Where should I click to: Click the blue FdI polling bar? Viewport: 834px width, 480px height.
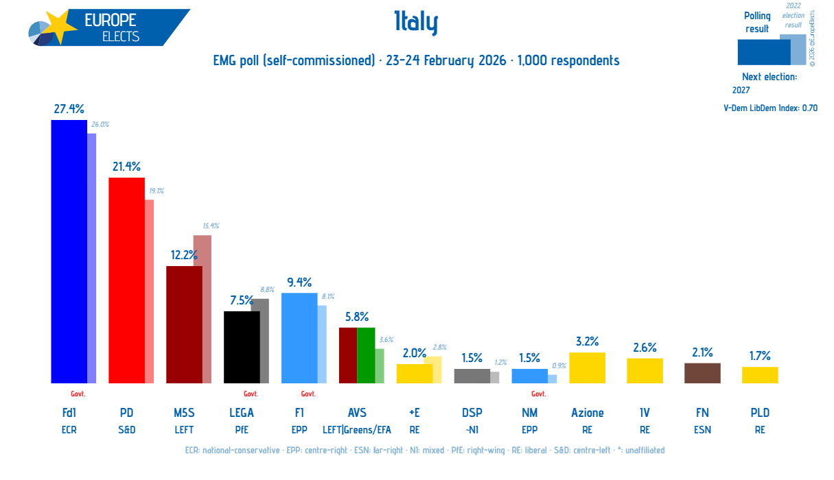click(x=69, y=251)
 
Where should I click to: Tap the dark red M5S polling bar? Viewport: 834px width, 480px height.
click(x=184, y=324)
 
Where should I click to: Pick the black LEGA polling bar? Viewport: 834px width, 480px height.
click(x=242, y=347)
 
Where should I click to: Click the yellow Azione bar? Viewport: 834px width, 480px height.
click(x=587, y=368)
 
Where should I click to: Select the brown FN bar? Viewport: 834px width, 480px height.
click(x=702, y=373)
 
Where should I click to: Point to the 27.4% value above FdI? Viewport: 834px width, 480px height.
click(x=69, y=108)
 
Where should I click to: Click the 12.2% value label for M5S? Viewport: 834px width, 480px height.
click(x=184, y=254)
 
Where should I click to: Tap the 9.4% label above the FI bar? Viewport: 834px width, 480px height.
click(x=299, y=282)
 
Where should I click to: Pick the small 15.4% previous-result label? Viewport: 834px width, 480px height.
click(x=210, y=226)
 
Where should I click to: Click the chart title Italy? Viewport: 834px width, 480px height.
click(x=416, y=23)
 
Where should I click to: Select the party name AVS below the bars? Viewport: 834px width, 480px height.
click(x=357, y=413)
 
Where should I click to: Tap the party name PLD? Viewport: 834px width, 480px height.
click(x=760, y=413)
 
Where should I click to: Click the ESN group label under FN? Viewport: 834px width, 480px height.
click(x=702, y=430)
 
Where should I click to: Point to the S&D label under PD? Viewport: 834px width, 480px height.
click(x=126, y=430)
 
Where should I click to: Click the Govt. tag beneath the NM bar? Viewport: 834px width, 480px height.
click(x=539, y=394)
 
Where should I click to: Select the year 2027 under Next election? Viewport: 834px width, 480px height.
click(x=741, y=90)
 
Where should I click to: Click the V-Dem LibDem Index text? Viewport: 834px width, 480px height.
click(x=770, y=108)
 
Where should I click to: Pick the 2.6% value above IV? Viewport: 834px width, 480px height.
click(x=645, y=347)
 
